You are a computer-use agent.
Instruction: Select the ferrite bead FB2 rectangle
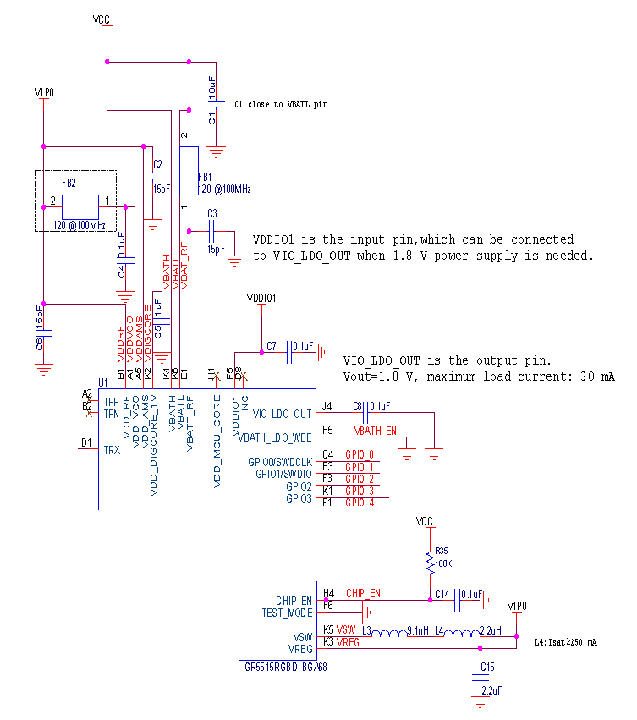pos(80,206)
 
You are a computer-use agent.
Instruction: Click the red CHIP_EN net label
pos(364,593)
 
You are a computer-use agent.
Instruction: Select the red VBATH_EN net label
pos(376,431)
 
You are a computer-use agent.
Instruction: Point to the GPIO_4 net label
pos(360,503)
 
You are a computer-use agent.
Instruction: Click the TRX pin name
pos(112,451)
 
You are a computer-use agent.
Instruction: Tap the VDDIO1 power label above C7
pos(261,298)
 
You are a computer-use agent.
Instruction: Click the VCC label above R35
pos(425,521)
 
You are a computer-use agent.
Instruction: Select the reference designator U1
pos(103,382)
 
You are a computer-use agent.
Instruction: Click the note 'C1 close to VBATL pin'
pos(281,104)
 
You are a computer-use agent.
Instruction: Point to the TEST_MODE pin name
pos(287,612)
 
